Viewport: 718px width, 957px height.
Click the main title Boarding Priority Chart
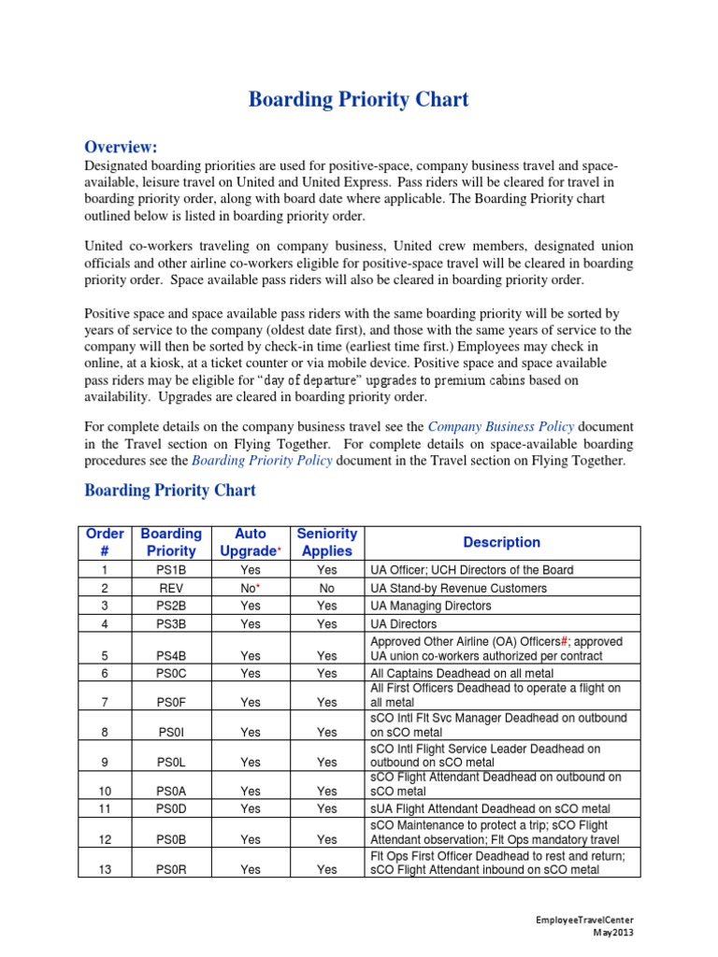pyautogui.click(x=358, y=100)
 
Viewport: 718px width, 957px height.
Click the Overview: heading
pyautogui.click(x=122, y=147)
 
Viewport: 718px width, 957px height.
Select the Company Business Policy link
pyautogui.click(x=501, y=426)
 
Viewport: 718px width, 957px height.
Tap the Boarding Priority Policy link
pyautogui.click(x=262, y=461)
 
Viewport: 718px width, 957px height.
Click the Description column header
pyautogui.click(x=502, y=542)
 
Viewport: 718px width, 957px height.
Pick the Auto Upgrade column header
pyautogui.click(x=250, y=542)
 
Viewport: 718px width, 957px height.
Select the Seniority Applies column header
pyautogui.click(x=326, y=542)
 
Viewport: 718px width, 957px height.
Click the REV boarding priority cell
pyautogui.click(x=171, y=588)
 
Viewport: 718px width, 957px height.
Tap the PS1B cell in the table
pyautogui.click(x=171, y=570)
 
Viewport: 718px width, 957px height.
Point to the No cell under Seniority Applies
pyautogui.click(x=326, y=588)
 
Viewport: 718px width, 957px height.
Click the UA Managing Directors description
pyautogui.click(x=430, y=606)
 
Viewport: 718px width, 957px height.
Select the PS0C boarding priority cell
pyautogui.click(x=171, y=673)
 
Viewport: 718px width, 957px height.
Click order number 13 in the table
pyautogui.click(x=105, y=869)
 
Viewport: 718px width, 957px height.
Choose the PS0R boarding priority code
pyautogui.click(x=171, y=869)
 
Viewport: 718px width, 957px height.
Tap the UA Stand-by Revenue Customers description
pyautogui.click(x=459, y=588)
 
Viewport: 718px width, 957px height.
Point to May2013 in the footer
pyautogui.click(x=614, y=932)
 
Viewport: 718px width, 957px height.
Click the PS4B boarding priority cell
pyautogui.click(x=171, y=655)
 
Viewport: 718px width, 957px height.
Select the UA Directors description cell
pyautogui.click(x=404, y=623)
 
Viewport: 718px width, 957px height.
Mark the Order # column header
pyautogui.click(x=105, y=542)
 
